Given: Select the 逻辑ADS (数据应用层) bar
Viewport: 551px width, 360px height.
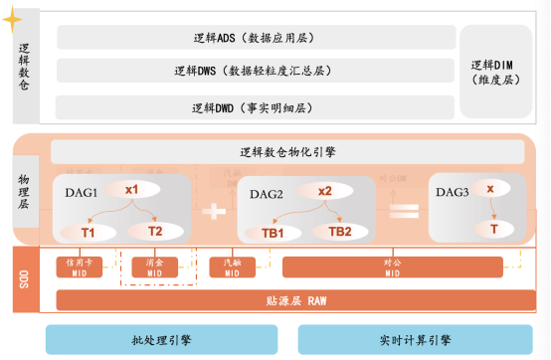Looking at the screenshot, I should [255, 38].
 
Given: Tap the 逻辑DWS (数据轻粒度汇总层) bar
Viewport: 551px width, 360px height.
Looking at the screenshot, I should [255, 72].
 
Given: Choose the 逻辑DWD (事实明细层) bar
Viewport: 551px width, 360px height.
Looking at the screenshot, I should [255, 106].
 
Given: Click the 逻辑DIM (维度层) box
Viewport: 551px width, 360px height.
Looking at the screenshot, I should [496, 72].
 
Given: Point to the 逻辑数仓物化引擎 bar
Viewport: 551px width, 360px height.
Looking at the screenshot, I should [287, 152].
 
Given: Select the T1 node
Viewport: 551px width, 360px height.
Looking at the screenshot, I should [88, 232].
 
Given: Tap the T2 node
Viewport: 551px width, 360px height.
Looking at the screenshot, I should [155, 231].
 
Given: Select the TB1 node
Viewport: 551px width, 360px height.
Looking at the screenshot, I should [274, 233].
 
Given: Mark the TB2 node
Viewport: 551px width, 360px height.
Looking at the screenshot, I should [340, 232].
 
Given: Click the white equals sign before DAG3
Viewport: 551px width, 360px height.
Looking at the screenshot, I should [403, 210].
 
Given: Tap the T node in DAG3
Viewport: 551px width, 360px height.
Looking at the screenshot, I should [493, 230].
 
